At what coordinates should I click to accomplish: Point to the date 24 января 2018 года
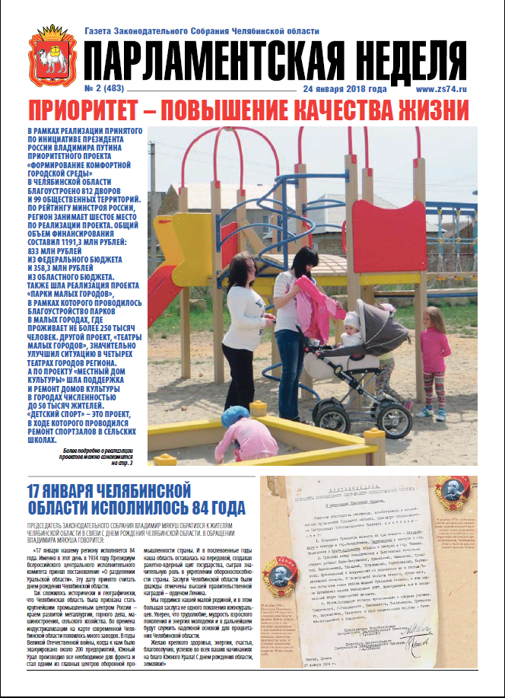coord(345,89)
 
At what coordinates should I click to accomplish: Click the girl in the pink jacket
coord(434,362)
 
